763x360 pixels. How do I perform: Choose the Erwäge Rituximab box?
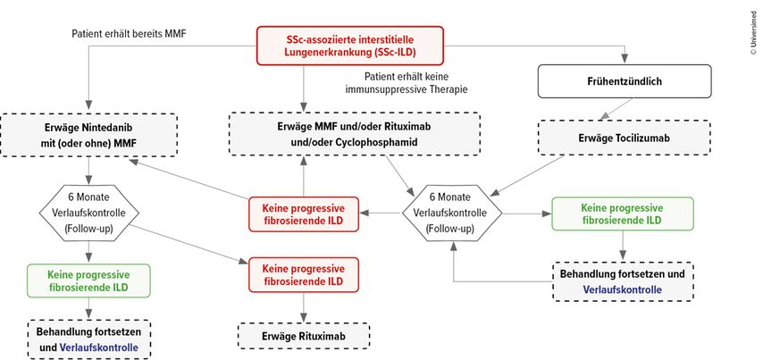click(304, 335)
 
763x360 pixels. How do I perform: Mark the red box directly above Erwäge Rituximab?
click(305, 274)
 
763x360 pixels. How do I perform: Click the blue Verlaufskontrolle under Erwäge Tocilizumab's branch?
click(623, 290)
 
